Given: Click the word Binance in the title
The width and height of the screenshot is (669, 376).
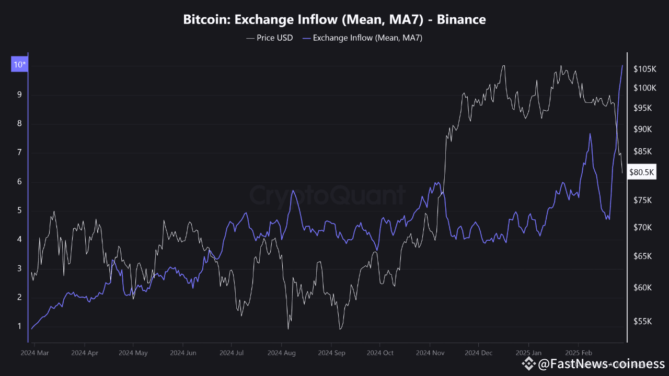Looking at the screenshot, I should pos(462,20).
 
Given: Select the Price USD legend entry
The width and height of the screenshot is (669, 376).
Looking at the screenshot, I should pos(269,38).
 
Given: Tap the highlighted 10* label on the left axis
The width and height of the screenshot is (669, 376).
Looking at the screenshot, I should pos(19,65).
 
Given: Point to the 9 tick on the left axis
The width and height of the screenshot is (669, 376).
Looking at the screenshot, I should pos(19,95).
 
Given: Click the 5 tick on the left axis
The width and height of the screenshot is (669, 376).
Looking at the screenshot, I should pos(19,210).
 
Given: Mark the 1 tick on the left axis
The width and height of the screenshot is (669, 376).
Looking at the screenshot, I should pos(19,326).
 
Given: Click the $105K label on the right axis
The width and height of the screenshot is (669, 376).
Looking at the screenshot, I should pos(644,69).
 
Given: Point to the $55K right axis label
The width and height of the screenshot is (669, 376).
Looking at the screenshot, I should pos(642,322).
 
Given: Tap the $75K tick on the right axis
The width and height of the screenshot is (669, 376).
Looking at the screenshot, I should pos(642,200).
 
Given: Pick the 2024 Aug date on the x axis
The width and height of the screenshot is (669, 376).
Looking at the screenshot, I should pos(282,353).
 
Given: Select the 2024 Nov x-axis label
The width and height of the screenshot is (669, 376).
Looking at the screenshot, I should pos(430,353).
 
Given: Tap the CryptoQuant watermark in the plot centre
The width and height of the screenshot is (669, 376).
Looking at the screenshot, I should pos(327,195).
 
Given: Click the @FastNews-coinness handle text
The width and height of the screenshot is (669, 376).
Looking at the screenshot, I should pos(601,363).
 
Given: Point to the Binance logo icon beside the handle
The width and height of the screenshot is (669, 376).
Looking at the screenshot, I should pos(529,363).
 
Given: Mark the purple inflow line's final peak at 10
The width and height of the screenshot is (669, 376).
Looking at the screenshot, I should pos(622,65).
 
